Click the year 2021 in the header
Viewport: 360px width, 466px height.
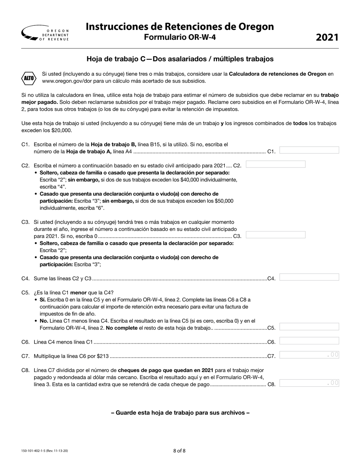pos(327,37)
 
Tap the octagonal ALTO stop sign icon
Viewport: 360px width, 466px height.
pos(29,78)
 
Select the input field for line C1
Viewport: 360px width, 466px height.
pos(309,150)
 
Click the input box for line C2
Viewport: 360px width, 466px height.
pos(275,164)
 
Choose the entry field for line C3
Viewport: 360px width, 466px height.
pos(275,235)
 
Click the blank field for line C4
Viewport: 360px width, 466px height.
pos(309,277)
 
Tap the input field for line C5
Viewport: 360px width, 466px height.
pos(309,327)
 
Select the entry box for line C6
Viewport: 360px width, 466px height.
pos(309,341)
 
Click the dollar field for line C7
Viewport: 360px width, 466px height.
pos(309,355)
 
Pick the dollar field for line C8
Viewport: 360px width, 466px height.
pos(309,383)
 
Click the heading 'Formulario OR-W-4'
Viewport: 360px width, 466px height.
pos(180,37)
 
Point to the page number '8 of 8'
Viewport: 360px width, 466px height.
pos(180,450)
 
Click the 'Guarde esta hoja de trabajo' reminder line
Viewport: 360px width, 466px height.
pos(180,413)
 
